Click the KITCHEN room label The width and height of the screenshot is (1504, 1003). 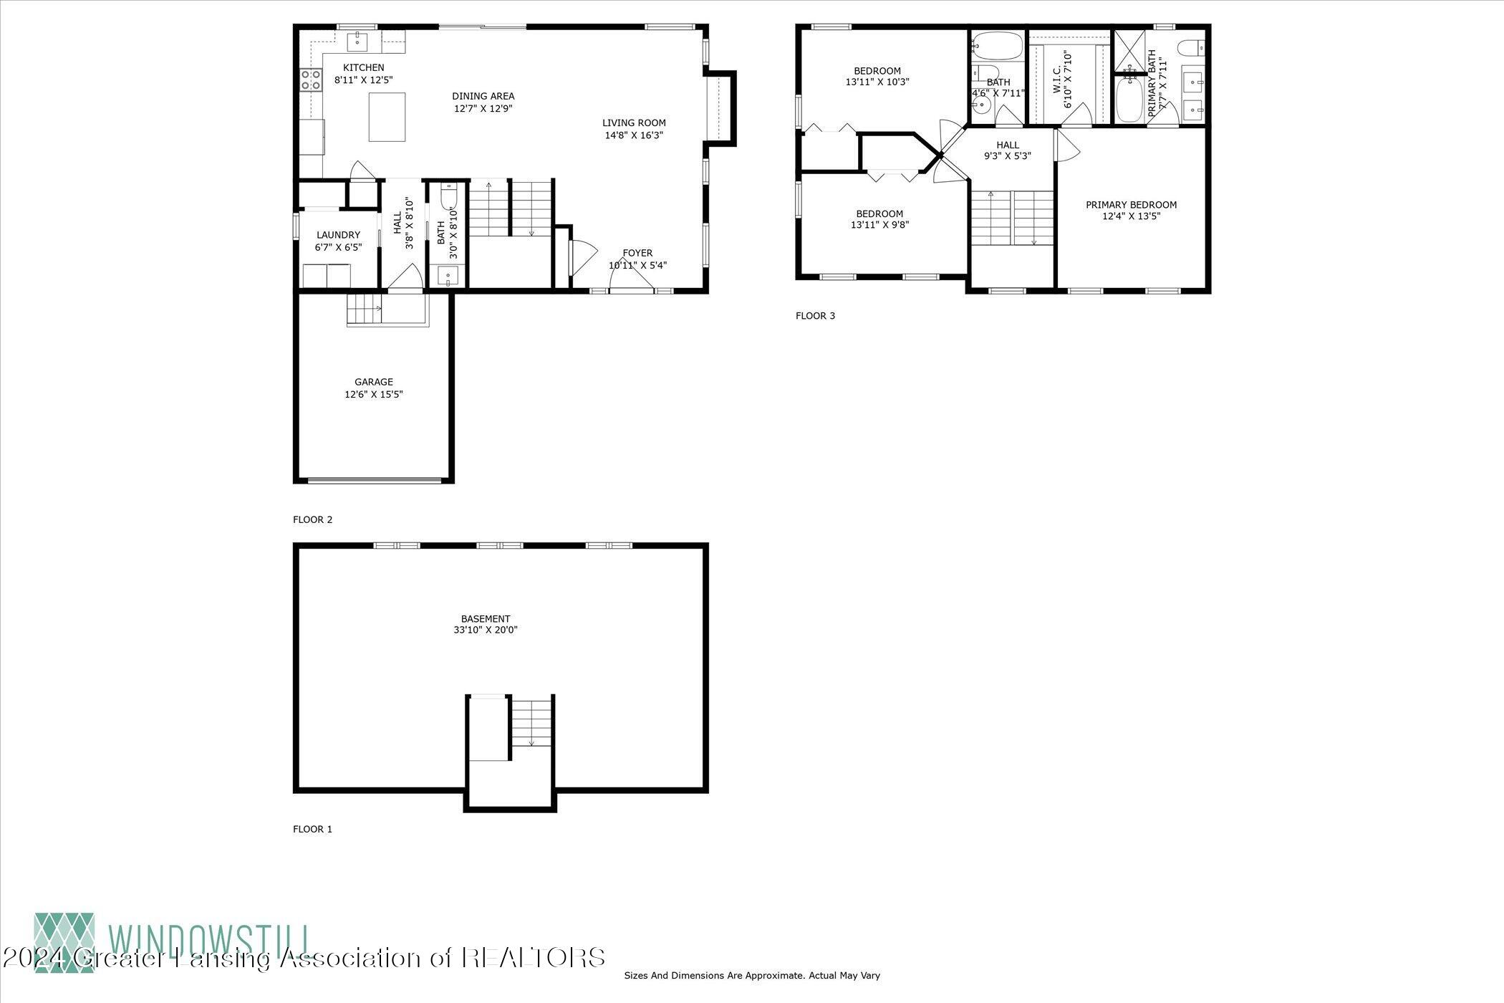pos(363,68)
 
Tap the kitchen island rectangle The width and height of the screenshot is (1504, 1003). pos(387,117)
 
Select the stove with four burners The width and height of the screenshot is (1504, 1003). pos(310,80)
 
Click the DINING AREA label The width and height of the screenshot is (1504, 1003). pos(483,96)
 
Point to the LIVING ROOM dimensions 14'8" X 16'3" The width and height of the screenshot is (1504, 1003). pos(634,135)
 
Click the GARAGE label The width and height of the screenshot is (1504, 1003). pos(374,382)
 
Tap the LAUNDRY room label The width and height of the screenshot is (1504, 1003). pos(338,235)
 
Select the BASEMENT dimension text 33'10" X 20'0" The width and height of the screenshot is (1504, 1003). pos(486,630)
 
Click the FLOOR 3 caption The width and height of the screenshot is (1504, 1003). pos(815,316)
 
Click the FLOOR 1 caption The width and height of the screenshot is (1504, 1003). pos(312,829)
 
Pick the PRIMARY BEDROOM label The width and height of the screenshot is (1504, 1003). pos(1131,205)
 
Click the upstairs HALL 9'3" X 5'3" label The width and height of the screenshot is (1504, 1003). pos(1007,150)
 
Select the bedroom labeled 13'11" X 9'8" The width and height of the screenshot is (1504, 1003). pos(879,219)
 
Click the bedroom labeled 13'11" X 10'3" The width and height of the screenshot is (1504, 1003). pos(877,77)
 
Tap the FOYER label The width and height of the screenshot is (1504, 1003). pos(637,253)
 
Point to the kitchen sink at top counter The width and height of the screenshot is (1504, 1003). pos(357,42)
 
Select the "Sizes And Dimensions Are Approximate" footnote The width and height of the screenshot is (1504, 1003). pos(752,975)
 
